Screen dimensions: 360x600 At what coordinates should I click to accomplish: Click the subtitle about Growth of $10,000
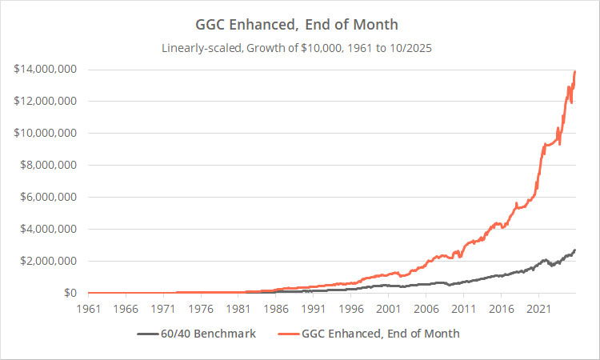[300, 48]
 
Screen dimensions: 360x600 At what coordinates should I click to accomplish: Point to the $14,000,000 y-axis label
[45, 70]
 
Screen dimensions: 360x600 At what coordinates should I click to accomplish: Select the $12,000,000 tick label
[45, 102]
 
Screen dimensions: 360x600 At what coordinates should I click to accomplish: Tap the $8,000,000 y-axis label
[48, 166]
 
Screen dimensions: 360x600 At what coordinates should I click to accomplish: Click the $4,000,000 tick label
[48, 230]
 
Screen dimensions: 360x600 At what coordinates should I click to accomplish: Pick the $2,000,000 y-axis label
[48, 262]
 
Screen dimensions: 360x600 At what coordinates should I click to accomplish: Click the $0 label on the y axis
[69, 294]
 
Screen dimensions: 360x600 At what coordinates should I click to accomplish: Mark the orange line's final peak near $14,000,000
[575, 72]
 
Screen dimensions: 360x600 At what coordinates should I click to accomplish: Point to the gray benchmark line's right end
[575, 250]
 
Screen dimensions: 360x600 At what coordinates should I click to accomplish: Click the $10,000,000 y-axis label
[45, 134]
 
